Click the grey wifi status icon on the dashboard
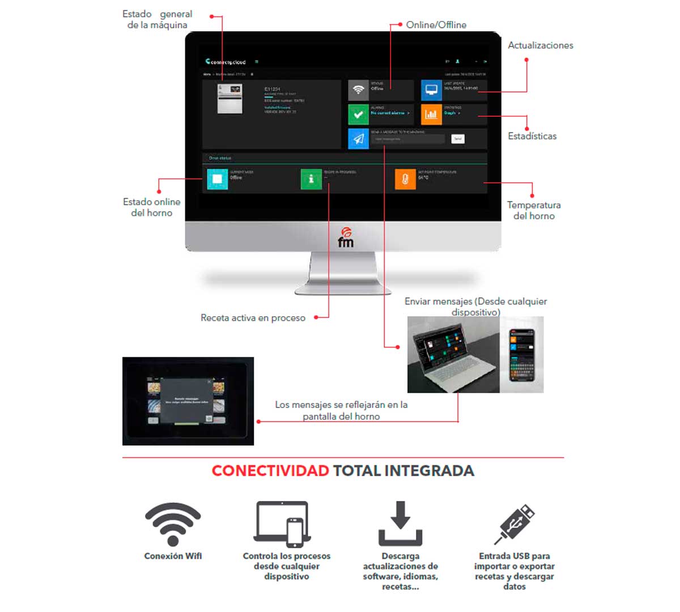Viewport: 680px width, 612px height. (358, 90)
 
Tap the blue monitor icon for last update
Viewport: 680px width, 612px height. (431, 90)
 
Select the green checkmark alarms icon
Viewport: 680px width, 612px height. (358, 114)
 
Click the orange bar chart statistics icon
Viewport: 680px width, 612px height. (431, 114)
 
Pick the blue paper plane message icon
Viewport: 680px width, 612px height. (358, 139)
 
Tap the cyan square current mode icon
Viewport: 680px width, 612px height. (217, 179)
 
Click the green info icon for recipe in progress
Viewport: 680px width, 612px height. (311, 179)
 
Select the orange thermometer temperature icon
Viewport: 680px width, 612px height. (405, 179)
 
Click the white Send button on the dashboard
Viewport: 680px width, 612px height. (458, 139)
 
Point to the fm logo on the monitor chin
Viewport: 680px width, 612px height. (346, 237)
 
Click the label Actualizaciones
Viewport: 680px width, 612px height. (540, 45)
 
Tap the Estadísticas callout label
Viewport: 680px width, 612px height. (532, 136)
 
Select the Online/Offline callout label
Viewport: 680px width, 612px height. (436, 25)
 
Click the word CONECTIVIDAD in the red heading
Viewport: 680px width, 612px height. (270, 471)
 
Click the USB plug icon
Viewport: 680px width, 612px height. (515, 524)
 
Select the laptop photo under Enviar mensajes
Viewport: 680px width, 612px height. (453, 355)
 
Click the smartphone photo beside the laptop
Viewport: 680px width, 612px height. (522, 355)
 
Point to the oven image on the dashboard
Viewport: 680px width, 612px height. (230, 99)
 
